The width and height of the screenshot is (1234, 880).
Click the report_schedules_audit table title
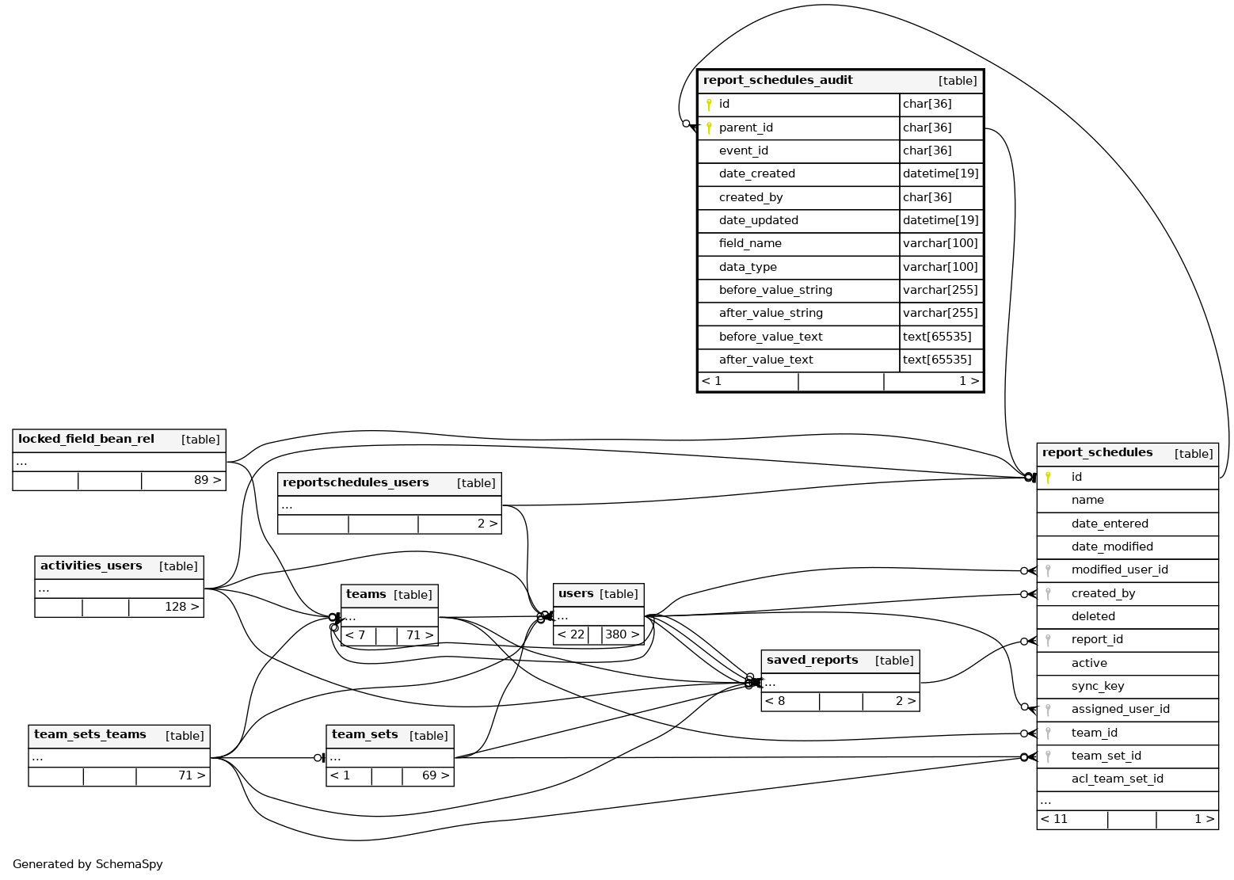778,80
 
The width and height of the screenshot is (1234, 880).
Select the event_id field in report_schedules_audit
743,150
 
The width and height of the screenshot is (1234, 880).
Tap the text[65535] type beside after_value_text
937,360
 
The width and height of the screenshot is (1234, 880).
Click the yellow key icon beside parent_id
709,128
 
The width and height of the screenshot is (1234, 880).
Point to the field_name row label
749,243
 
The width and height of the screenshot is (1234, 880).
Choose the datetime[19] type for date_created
940,173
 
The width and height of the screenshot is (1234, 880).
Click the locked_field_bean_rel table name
86,439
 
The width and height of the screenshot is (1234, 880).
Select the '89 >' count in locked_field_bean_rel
208,480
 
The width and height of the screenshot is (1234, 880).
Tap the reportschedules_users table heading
356,482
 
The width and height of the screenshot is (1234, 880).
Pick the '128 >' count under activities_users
181,607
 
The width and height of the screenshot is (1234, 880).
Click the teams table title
366,594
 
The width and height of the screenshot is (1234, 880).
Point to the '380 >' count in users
622,634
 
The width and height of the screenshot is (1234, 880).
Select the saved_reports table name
812,660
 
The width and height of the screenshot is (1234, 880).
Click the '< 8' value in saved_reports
775,701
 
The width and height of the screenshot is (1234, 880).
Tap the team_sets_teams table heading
90,734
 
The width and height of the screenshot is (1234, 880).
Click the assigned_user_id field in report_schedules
1120,709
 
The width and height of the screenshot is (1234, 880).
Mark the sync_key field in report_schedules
1097,686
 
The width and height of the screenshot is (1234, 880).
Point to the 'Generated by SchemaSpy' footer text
88,864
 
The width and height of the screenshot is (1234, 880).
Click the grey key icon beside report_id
1048,640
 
